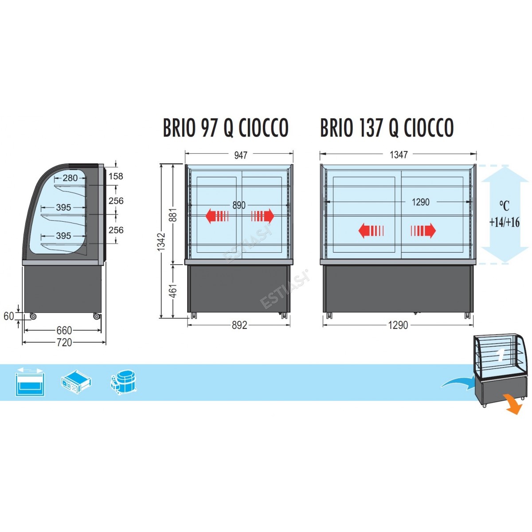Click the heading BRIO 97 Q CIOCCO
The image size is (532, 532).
point(226,128)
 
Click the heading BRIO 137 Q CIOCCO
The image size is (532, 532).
point(387,128)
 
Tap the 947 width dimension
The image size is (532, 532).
point(241,155)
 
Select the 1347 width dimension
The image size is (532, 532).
point(399,155)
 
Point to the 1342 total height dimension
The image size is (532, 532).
point(161,242)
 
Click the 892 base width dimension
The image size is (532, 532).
point(239,325)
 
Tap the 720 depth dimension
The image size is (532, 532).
point(64,343)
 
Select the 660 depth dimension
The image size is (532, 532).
point(64,330)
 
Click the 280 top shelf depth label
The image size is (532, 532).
point(70,178)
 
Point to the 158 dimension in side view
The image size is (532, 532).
point(116,176)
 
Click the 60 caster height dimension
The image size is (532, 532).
point(8,316)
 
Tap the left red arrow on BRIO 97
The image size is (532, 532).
point(217,216)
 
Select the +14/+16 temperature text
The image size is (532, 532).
point(505,222)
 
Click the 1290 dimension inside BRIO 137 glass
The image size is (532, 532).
point(421,202)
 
